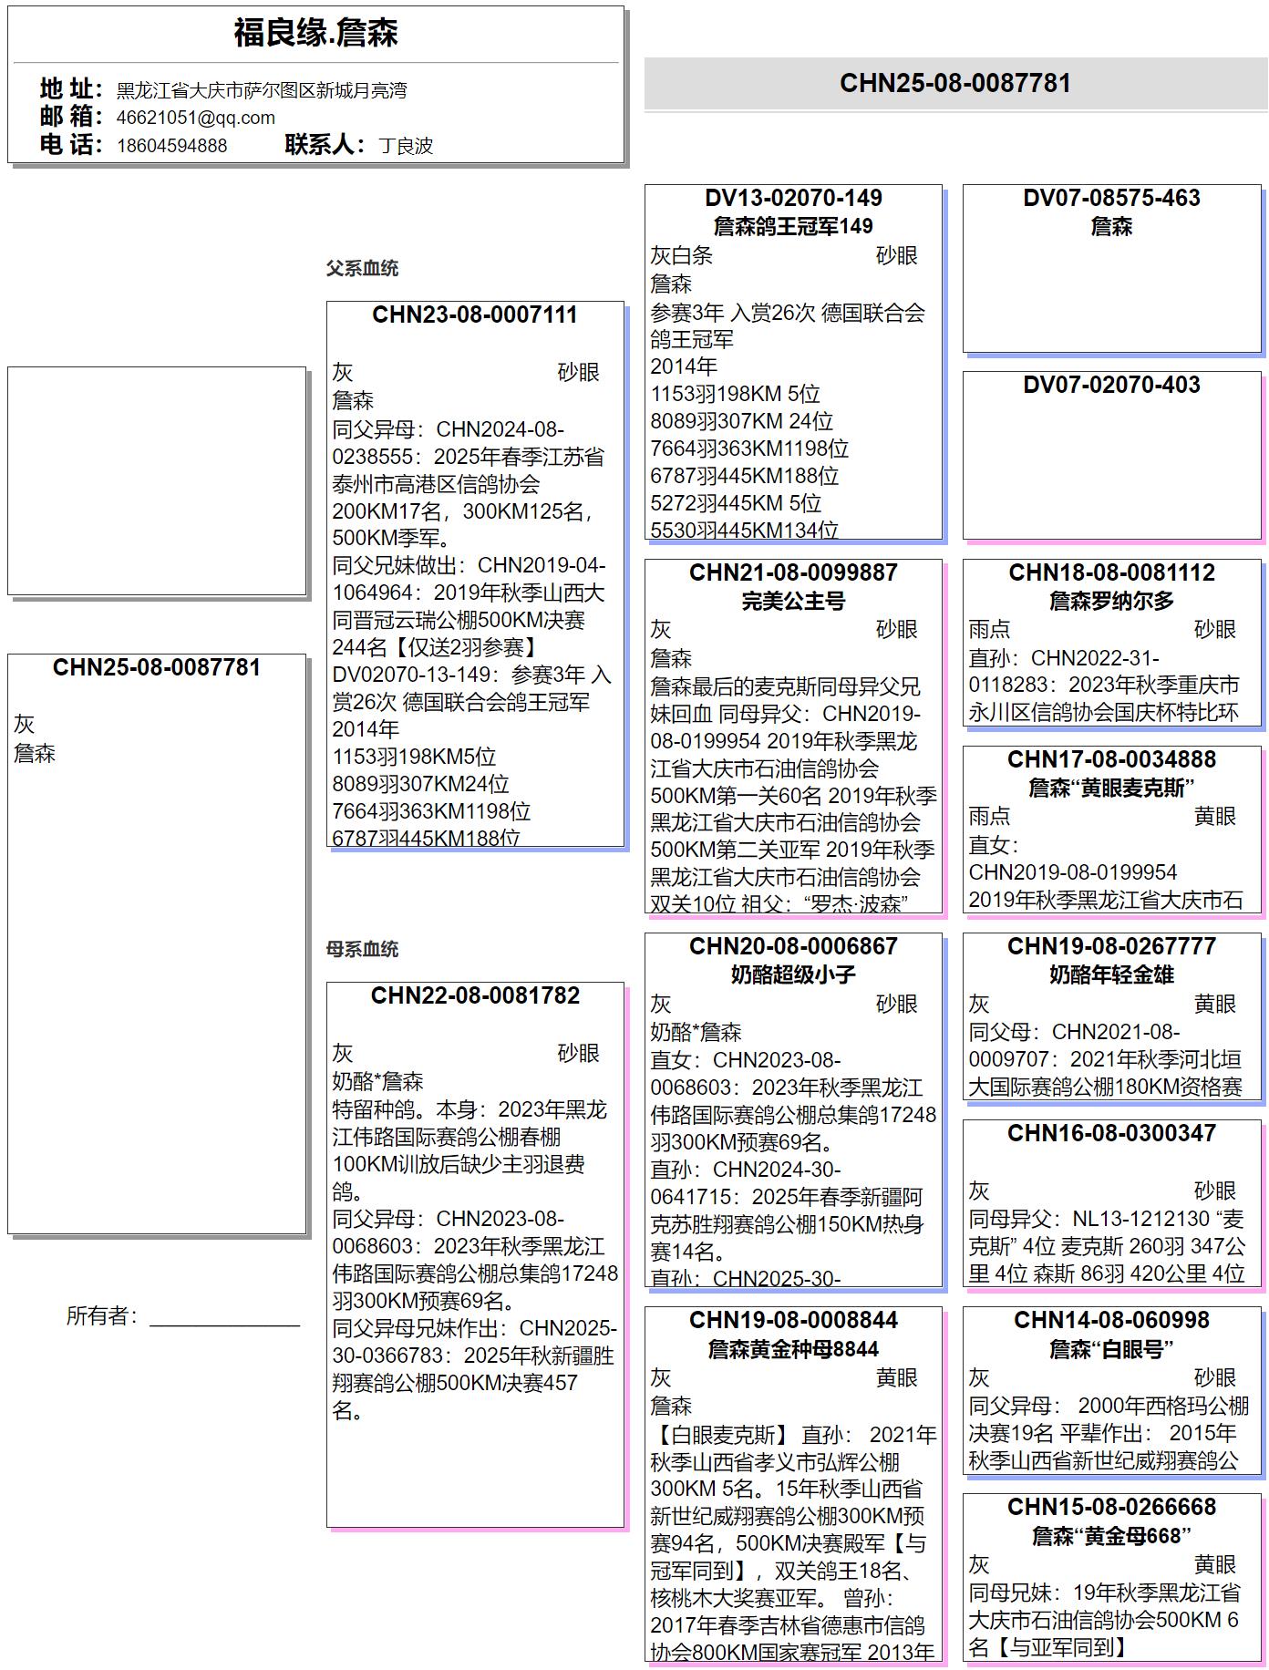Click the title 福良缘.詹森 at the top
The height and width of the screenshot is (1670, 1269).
point(315,34)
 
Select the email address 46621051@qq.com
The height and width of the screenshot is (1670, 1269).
point(195,118)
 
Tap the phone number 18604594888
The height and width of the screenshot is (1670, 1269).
point(171,146)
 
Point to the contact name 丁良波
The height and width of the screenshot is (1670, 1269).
point(406,146)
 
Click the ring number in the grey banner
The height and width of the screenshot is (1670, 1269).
point(954,84)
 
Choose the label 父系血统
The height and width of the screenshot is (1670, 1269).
point(362,269)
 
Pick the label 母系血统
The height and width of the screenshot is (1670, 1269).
point(362,950)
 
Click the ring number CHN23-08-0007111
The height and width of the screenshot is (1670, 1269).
point(475,315)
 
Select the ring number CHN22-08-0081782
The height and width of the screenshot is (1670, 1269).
point(475,995)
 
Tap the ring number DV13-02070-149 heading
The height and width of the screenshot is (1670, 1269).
point(793,199)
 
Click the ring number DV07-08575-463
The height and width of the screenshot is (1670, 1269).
point(1111,199)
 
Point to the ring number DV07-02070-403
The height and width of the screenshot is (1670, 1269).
point(1111,386)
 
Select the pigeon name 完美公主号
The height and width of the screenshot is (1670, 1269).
point(793,602)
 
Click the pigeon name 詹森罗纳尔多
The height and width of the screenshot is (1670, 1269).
point(1111,602)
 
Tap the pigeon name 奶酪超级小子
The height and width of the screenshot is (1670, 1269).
point(793,975)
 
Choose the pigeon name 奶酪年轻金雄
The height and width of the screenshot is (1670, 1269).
point(1111,975)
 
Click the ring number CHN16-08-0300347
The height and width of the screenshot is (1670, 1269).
point(1111,1134)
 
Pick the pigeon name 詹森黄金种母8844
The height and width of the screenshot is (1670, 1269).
point(793,1349)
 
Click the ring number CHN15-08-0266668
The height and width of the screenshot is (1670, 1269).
point(1111,1508)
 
